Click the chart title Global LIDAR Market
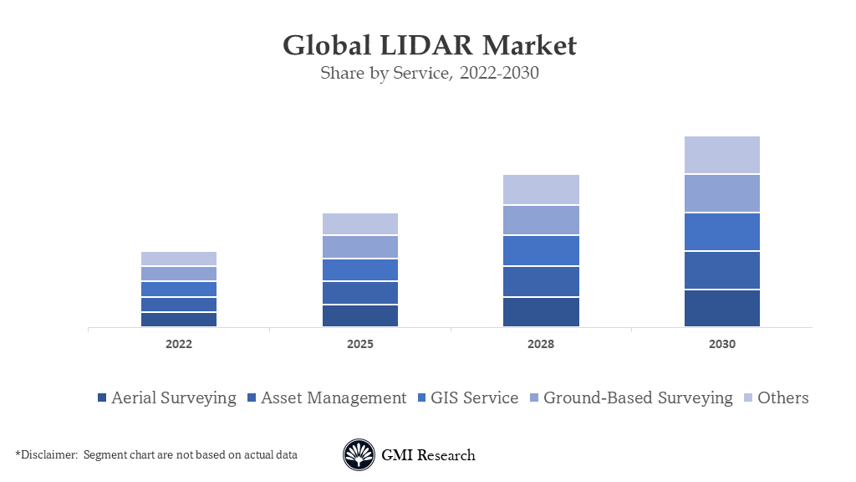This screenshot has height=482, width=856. pyautogui.click(x=429, y=44)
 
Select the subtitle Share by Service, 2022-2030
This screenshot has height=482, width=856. pyautogui.click(x=429, y=73)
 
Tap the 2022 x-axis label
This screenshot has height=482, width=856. pyautogui.click(x=179, y=344)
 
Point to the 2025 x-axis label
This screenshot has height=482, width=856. pyautogui.click(x=360, y=344)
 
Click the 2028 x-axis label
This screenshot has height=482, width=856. pyautogui.click(x=541, y=344)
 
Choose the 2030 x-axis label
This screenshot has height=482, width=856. pyautogui.click(x=722, y=344)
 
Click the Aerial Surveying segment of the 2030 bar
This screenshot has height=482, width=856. pyautogui.click(x=722, y=308)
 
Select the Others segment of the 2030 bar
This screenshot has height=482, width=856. pyautogui.click(x=722, y=155)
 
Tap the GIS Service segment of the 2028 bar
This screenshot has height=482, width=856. pyautogui.click(x=541, y=250)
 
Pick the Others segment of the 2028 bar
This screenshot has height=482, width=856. pyautogui.click(x=541, y=190)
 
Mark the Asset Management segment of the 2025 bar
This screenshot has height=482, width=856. pyautogui.click(x=360, y=293)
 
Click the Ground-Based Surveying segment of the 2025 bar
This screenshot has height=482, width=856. pyautogui.click(x=360, y=247)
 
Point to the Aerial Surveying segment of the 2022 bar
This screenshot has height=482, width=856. pyautogui.click(x=179, y=319)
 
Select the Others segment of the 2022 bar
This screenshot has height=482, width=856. pyautogui.click(x=179, y=259)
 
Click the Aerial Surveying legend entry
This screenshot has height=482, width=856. pyautogui.click(x=167, y=397)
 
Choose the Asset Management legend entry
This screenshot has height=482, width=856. pyautogui.click(x=326, y=397)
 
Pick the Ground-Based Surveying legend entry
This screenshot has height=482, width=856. pyautogui.click(x=630, y=397)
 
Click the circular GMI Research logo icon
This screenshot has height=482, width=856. pyautogui.click(x=359, y=455)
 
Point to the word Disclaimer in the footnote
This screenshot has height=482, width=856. pyautogui.click(x=47, y=455)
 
